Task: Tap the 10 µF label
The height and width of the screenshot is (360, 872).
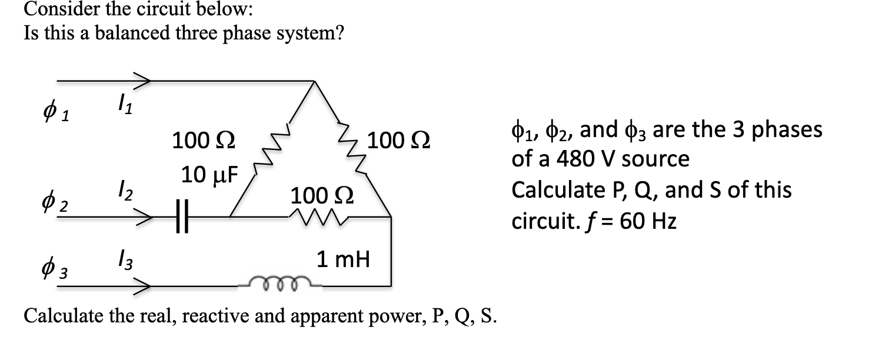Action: (209, 175)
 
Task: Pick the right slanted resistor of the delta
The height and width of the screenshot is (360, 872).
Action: (348, 150)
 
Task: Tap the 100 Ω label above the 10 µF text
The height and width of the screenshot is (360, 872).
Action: (204, 142)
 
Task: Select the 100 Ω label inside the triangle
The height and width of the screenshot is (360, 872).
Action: (321, 195)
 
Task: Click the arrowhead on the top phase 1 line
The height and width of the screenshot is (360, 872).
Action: (144, 80)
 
